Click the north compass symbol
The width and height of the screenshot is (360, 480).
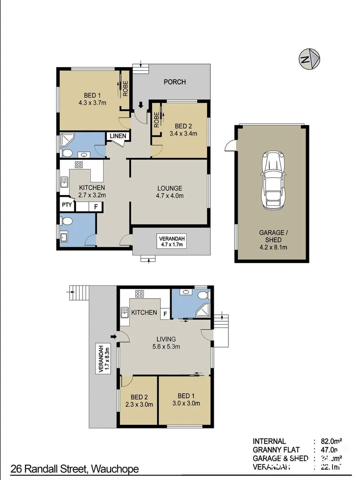click(x=309, y=59)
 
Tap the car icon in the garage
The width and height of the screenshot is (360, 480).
click(x=272, y=180)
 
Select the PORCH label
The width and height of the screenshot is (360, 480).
click(x=174, y=82)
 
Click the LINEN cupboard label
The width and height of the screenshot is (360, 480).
click(x=118, y=136)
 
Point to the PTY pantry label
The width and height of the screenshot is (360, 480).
click(x=67, y=205)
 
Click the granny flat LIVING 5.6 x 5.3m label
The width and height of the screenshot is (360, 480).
click(x=165, y=343)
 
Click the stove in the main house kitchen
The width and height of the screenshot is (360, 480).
click(x=79, y=165)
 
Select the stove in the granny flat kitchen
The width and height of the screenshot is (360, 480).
click(x=139, y=293)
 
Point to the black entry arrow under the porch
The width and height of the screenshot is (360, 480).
click(x=141, y=105)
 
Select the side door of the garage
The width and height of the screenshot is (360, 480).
click(x=230, y=145)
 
